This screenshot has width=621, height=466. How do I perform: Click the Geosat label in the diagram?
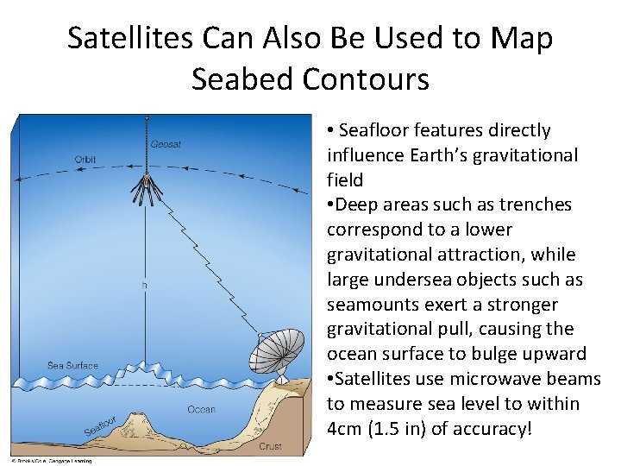[166, 144]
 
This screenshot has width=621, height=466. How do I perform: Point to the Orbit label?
[85, 159]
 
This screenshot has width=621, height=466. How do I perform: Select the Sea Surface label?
[72, 366]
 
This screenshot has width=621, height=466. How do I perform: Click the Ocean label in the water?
[201, 409]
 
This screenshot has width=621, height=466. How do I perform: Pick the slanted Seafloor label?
[101, 425]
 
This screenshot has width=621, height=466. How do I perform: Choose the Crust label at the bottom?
[269, 446]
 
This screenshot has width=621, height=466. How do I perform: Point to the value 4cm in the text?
[347, 429]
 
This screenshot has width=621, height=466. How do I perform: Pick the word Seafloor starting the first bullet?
[373, 130]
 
